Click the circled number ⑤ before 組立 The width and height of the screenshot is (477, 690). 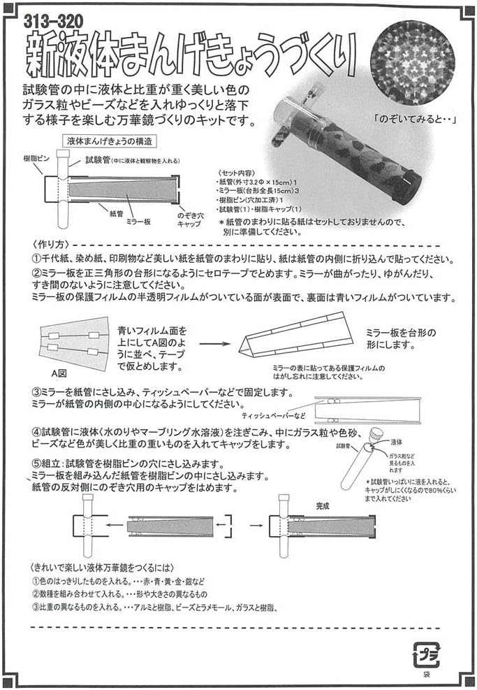tap(37, 464)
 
